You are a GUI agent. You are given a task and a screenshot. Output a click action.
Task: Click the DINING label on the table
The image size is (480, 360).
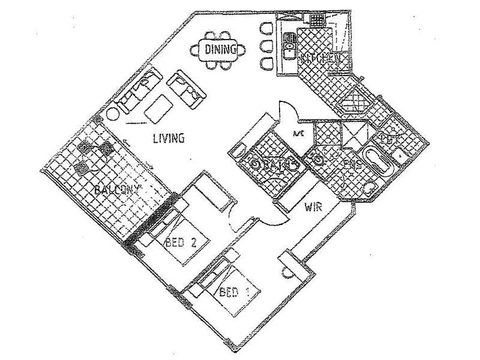(220, 49)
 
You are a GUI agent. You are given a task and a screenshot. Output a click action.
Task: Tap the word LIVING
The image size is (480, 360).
(168, 139)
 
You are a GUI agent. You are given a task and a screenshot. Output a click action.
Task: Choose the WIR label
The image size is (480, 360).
(314, 208)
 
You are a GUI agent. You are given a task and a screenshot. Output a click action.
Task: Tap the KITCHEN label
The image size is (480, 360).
(323, 59)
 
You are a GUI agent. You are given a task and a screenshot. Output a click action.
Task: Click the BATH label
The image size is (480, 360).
(278, 163)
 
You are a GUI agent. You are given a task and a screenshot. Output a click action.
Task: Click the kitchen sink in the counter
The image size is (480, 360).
(289, 44)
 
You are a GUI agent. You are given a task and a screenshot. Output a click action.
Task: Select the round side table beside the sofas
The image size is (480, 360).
(113, 115)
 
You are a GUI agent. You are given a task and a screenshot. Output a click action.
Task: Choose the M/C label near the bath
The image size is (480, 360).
(298, 133)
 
